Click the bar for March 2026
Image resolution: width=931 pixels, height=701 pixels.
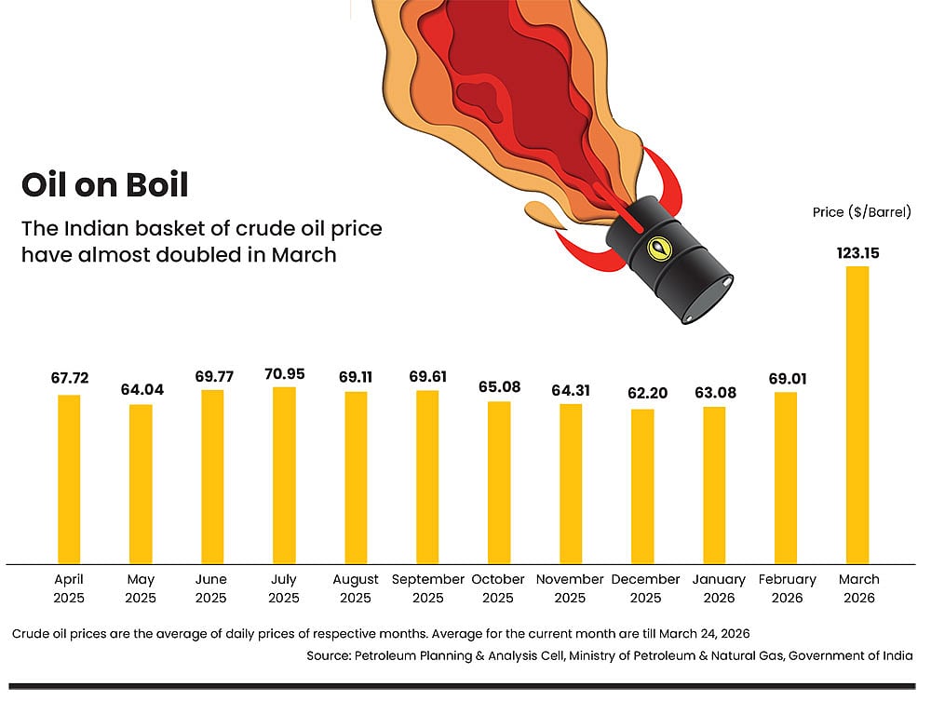(x=857, y=414)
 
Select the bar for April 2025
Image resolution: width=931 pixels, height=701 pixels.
(x=69, y=479)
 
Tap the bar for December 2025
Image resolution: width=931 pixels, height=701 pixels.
(x=642, y=486)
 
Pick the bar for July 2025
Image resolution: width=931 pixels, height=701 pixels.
(x=284, y=475)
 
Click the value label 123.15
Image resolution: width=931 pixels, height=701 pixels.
(x=857, y=252)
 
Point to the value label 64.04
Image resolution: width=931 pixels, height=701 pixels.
(x=142, y=390)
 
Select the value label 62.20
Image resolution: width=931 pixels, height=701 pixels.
(x=642, y=393)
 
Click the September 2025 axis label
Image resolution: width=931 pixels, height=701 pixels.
(x=427, y=588)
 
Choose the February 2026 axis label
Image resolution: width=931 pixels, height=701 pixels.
(x=786, y=588)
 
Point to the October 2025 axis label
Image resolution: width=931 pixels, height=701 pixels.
(x=498, y=588)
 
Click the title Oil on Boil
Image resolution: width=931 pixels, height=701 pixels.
(x=104, y=184)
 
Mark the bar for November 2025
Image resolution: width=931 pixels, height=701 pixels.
(x=571, y=483)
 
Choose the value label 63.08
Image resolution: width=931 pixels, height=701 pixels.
(x=714, y=393)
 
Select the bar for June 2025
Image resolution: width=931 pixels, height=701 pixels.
(x=212, y=476)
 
